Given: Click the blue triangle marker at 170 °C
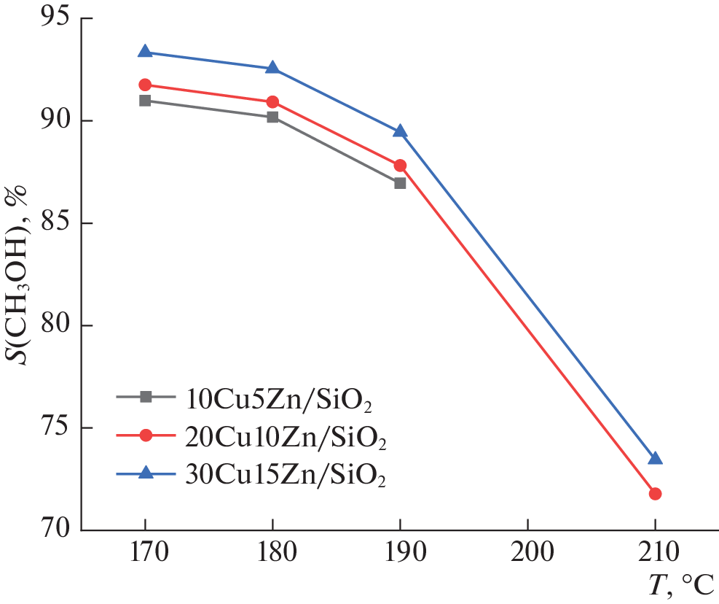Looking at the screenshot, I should (145, 52).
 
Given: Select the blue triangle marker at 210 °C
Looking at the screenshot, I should (655, 458).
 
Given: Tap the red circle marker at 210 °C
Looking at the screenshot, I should (655, 494).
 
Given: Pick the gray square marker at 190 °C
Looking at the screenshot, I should (400, 183).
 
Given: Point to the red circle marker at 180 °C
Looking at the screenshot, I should (272, 102).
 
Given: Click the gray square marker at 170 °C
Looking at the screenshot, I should (145, 101).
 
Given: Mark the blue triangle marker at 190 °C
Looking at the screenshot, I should (400, 131).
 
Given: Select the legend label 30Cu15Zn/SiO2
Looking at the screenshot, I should (280, 475).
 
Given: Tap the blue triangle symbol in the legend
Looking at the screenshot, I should (146, 473).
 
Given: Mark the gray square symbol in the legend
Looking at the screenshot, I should (146, 397).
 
